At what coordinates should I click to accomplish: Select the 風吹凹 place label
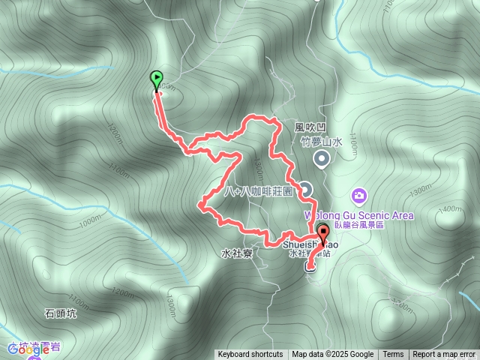pos(307,128)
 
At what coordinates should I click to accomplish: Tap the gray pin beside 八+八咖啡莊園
pos(306,188)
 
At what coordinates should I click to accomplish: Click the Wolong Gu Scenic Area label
pos(358,215)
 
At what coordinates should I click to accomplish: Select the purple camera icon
pos(359,196)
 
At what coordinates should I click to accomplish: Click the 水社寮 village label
pos(236,253)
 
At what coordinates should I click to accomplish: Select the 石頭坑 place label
pos(61,313)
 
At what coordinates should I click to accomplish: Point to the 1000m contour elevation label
pos(88,220)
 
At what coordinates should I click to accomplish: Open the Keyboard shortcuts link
pos(250,355)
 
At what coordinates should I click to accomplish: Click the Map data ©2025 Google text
pos(333,355)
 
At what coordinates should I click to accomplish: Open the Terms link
pos(393,355)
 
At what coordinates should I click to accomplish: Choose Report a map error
pos(444,355)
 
